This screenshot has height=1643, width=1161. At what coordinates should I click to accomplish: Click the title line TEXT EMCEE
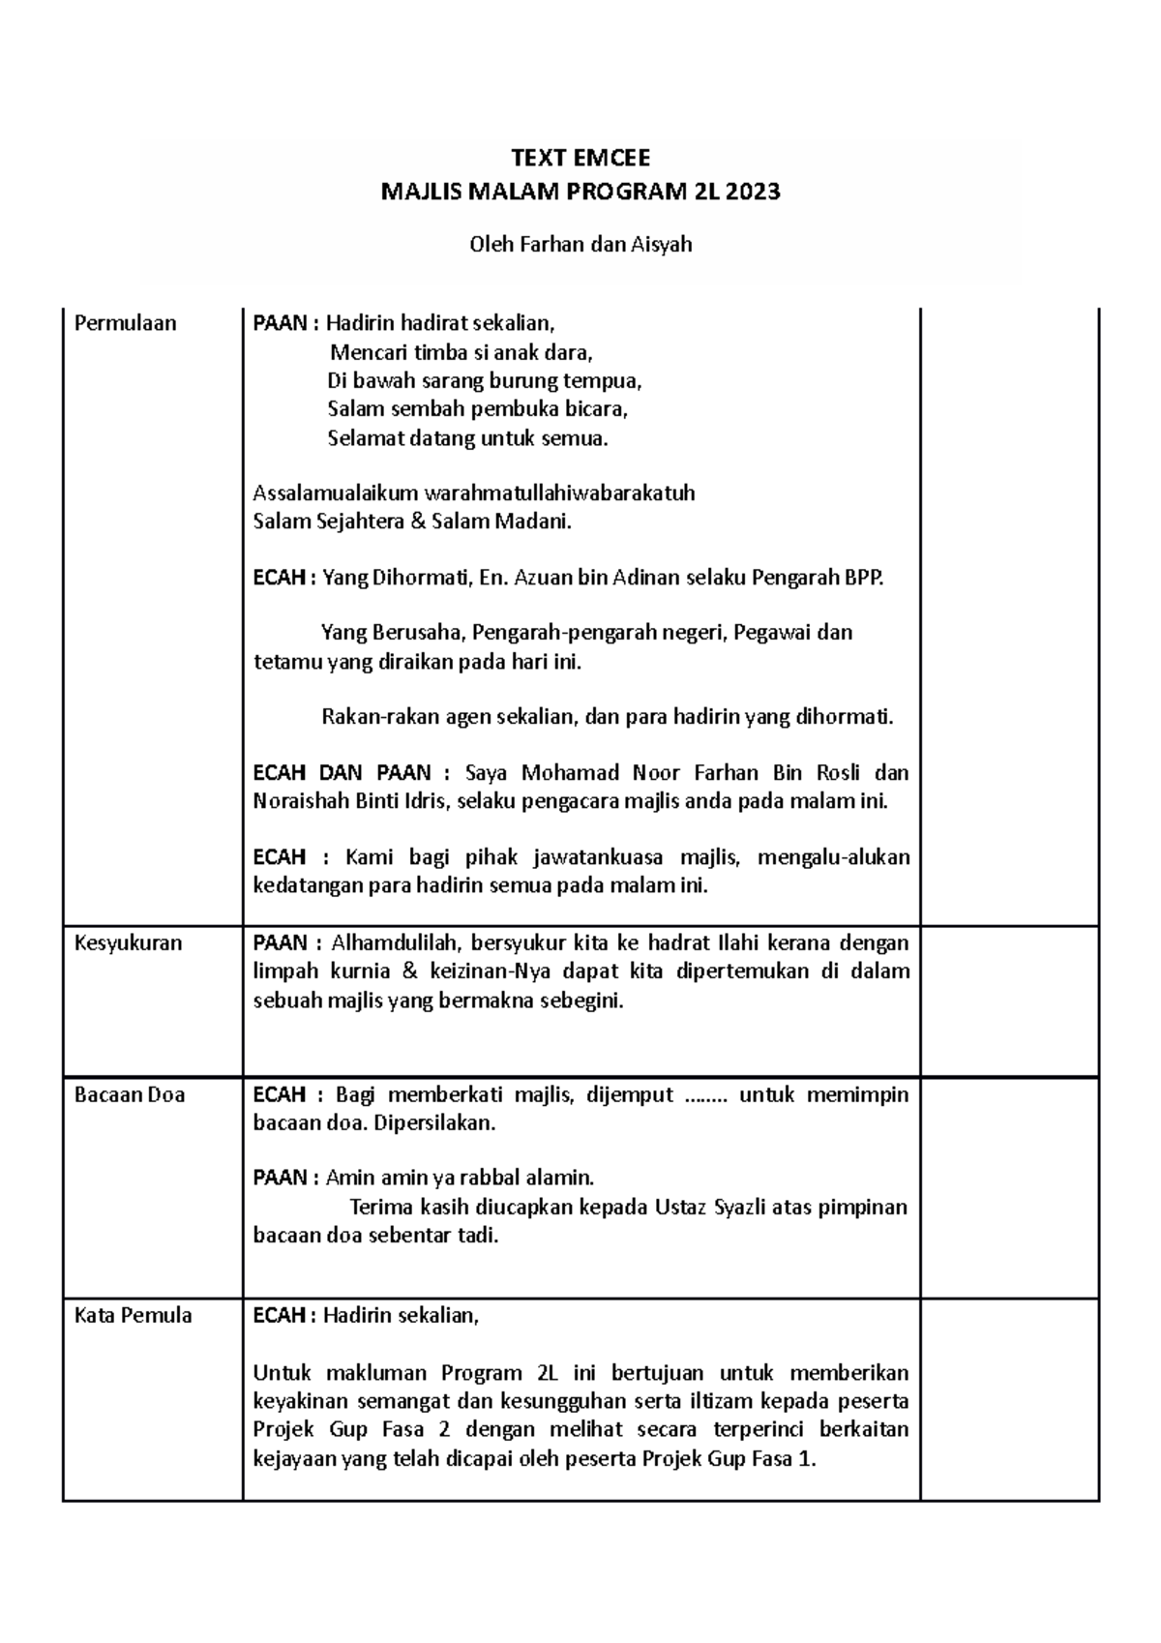(580, 158)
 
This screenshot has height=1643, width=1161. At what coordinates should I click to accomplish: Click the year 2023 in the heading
(754, 192)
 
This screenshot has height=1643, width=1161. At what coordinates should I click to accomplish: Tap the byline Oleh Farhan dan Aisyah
(580, 244)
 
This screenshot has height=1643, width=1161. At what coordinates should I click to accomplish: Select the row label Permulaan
(125, 323)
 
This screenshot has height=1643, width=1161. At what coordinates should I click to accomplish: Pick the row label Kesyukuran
(128, 942)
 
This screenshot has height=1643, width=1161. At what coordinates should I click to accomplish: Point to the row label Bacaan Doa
(130, 1094)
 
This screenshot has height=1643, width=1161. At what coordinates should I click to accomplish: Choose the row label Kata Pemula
(133, 1315)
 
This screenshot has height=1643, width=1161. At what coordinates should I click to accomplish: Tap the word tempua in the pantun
(607, 380)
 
